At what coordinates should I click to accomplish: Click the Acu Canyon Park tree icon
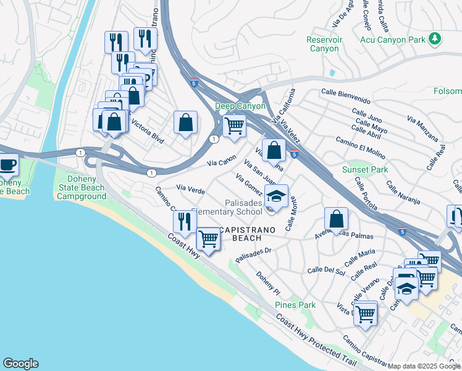coord(435,39)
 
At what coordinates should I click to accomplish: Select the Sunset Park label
coord(365,169)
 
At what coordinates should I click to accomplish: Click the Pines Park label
coord(295,305)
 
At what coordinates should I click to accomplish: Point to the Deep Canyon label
coord(240,106)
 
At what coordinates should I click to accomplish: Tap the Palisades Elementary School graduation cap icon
coord(277,197)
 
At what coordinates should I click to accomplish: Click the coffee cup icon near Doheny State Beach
coord(8,165)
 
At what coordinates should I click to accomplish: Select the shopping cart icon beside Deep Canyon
coord(234,126)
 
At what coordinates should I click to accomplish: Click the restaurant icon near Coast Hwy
coord(185,221)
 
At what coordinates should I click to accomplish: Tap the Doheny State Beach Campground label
coord(82,187)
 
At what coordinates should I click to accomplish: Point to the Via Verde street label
coord(190,188)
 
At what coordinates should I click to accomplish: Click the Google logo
coord(20,364)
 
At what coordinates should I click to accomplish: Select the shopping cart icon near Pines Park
coord(365,313)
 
